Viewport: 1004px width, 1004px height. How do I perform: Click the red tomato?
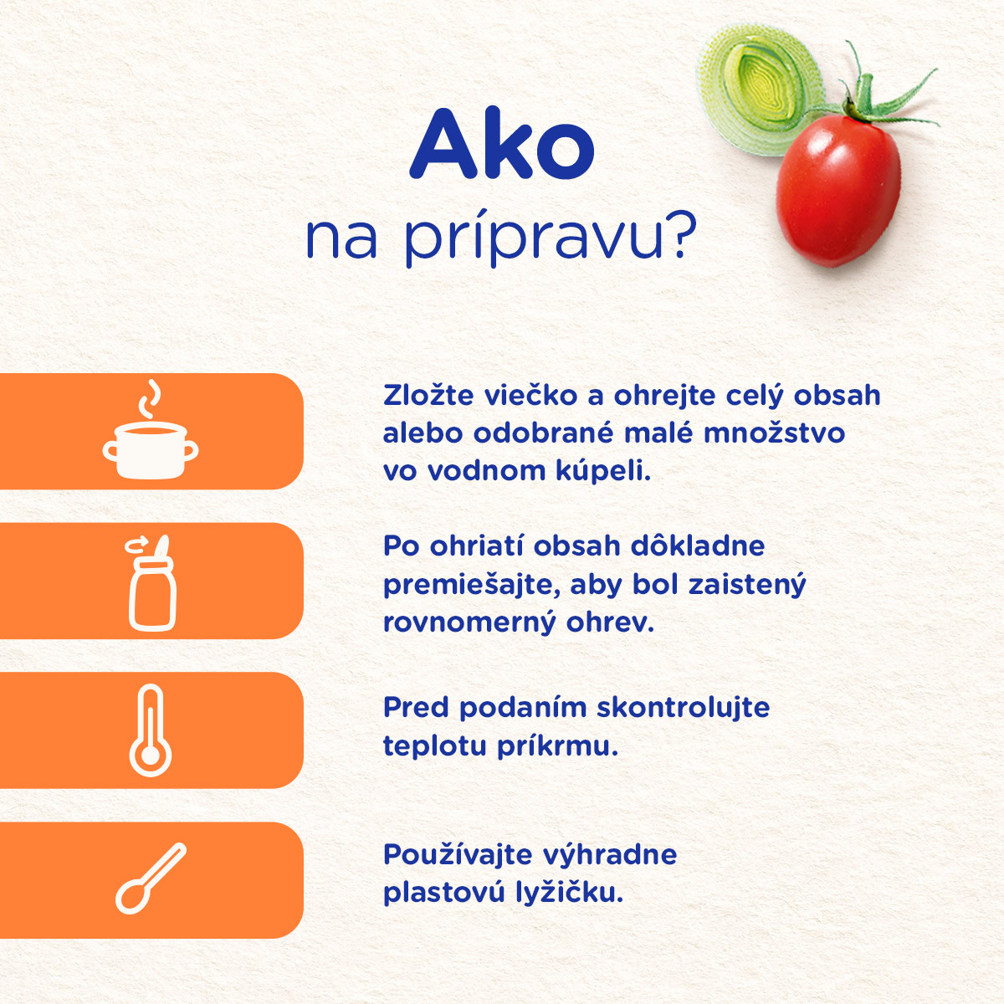tap(838, 190)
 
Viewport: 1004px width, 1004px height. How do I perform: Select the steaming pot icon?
tap(150, 429)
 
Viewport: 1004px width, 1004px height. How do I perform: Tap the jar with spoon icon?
tap(151, 583)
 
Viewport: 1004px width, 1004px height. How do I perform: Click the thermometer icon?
tap(150, 731)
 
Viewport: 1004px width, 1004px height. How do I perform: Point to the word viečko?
tap(531, 396)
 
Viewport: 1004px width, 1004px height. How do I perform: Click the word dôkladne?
tap(698, 546)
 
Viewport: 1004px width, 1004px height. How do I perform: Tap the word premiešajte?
tap(471, 586)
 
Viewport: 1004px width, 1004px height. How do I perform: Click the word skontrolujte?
tap(683, 708)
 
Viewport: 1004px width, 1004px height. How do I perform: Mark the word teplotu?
tap(435, 747)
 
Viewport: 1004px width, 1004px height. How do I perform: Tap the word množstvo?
tap(774, 433)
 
